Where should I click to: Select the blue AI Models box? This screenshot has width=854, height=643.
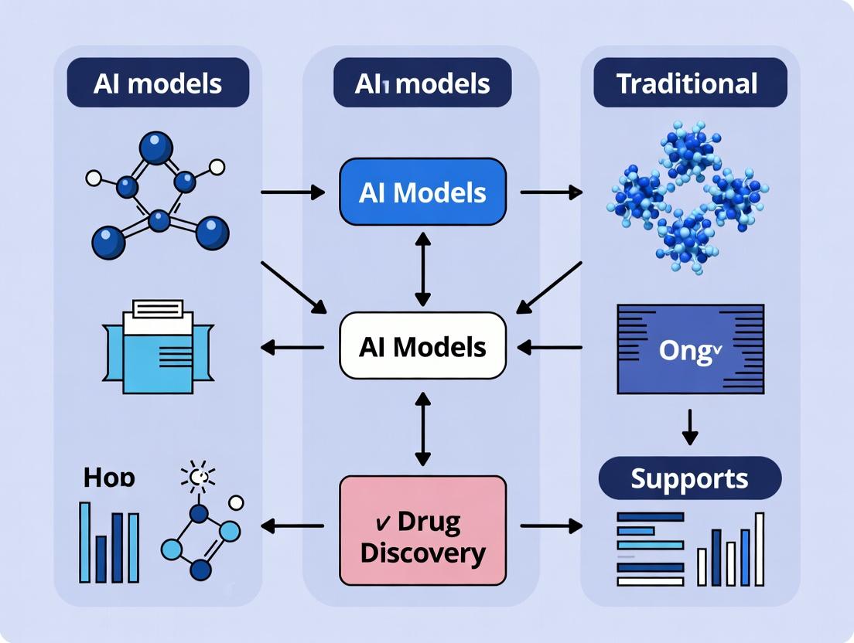[422, 192]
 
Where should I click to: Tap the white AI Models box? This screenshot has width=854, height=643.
[422, 346]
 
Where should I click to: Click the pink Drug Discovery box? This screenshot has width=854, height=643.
[422, 530]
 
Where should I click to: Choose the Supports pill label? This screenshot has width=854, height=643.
[690, 478]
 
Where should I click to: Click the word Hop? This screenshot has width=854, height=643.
[108, 478]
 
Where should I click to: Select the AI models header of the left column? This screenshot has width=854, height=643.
[158, 83]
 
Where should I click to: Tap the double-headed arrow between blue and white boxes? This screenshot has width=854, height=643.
[422, 267]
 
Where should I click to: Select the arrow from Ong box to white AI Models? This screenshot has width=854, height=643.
[550, 348]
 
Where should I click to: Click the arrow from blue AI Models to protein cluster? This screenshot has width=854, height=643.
[550, 192]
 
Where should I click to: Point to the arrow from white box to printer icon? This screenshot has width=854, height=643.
[292, 348]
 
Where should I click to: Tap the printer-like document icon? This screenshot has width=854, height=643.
[158, 346]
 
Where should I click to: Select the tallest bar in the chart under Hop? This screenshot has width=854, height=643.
[85, 542]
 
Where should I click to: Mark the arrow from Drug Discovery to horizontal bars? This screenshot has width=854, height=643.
[550, 526]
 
